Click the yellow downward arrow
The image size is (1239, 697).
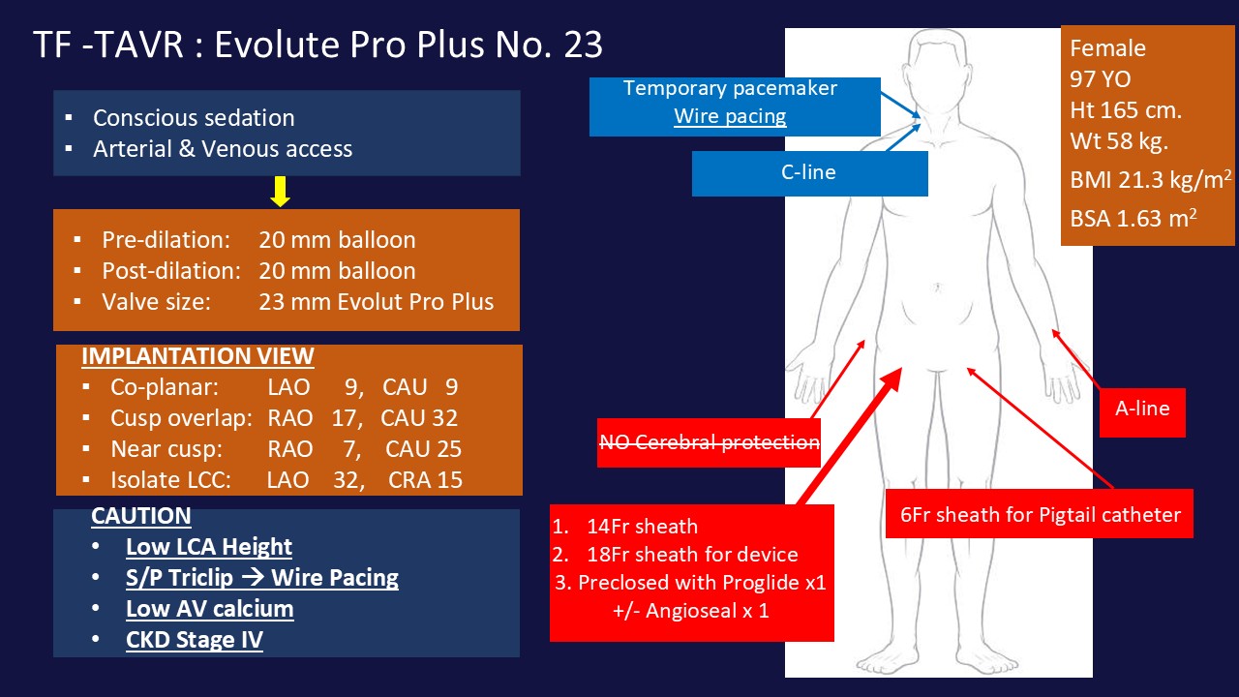click(281, 193)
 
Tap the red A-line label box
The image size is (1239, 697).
click(1142, 409)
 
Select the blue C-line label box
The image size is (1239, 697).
click(809, 173)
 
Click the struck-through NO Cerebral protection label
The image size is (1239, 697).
click(709, 442)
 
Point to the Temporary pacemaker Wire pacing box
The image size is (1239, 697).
click(730, 103)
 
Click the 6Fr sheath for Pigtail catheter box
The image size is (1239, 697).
click(1040, 514)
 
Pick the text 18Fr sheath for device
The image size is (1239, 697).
click(691, 555)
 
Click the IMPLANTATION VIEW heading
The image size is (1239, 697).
click(197, 356)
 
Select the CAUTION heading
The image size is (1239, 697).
click(141, 516)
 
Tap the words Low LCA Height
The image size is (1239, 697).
click(209, 547)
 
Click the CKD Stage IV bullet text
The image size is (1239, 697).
click(195, 640)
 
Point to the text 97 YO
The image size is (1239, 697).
click(1101, 79)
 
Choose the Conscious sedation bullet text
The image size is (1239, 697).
click(194, 118)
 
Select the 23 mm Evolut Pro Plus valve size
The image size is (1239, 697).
click(376, 301)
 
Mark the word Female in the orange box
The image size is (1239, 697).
click(1107, 48)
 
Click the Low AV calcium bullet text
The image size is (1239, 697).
click(209, 609)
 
